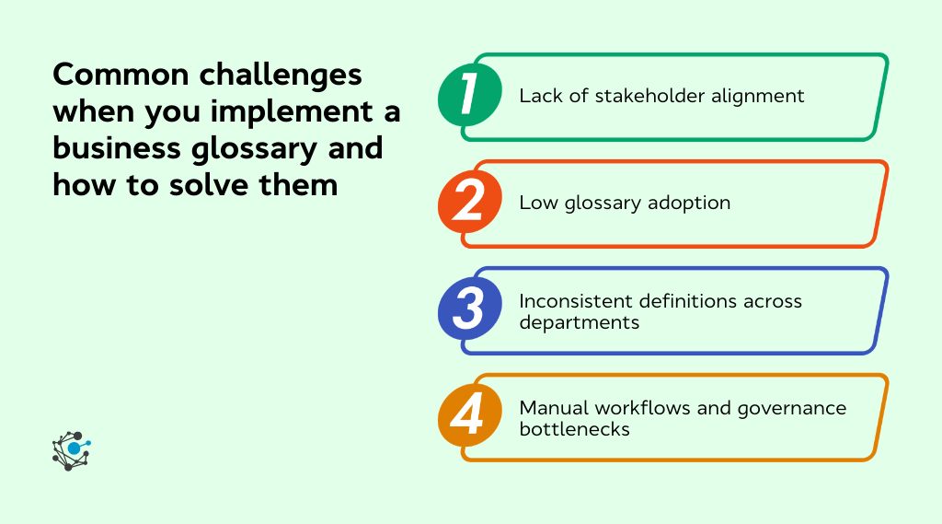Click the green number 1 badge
tap(469, 95)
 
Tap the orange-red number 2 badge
tap(469, 203)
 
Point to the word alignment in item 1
tap(762, 96)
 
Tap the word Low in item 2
tap(536, 203)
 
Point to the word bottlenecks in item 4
tap(574, 429)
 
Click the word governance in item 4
tap(798, 408)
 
